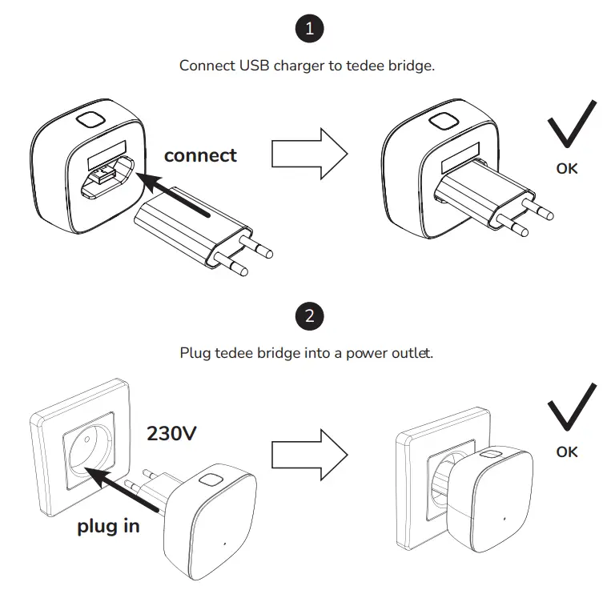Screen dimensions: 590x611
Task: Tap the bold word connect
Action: point(200,155)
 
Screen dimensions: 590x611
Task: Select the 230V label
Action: point(172,434)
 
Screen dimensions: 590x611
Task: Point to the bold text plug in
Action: point(108,526)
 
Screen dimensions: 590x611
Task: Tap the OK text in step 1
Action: point(567,169)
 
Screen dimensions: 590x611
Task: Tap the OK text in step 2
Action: point(567,452)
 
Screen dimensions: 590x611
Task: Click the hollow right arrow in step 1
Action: point(308,152)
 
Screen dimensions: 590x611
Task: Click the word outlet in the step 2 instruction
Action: point(412,352)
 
